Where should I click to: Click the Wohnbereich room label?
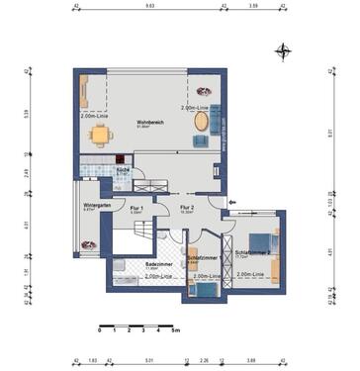[x=149, y=122]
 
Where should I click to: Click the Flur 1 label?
[x=135, y=209]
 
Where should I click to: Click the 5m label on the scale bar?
[x=174, y=334]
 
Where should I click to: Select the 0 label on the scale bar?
[x=99, y=334]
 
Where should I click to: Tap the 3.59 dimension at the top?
[x=254, y=6]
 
